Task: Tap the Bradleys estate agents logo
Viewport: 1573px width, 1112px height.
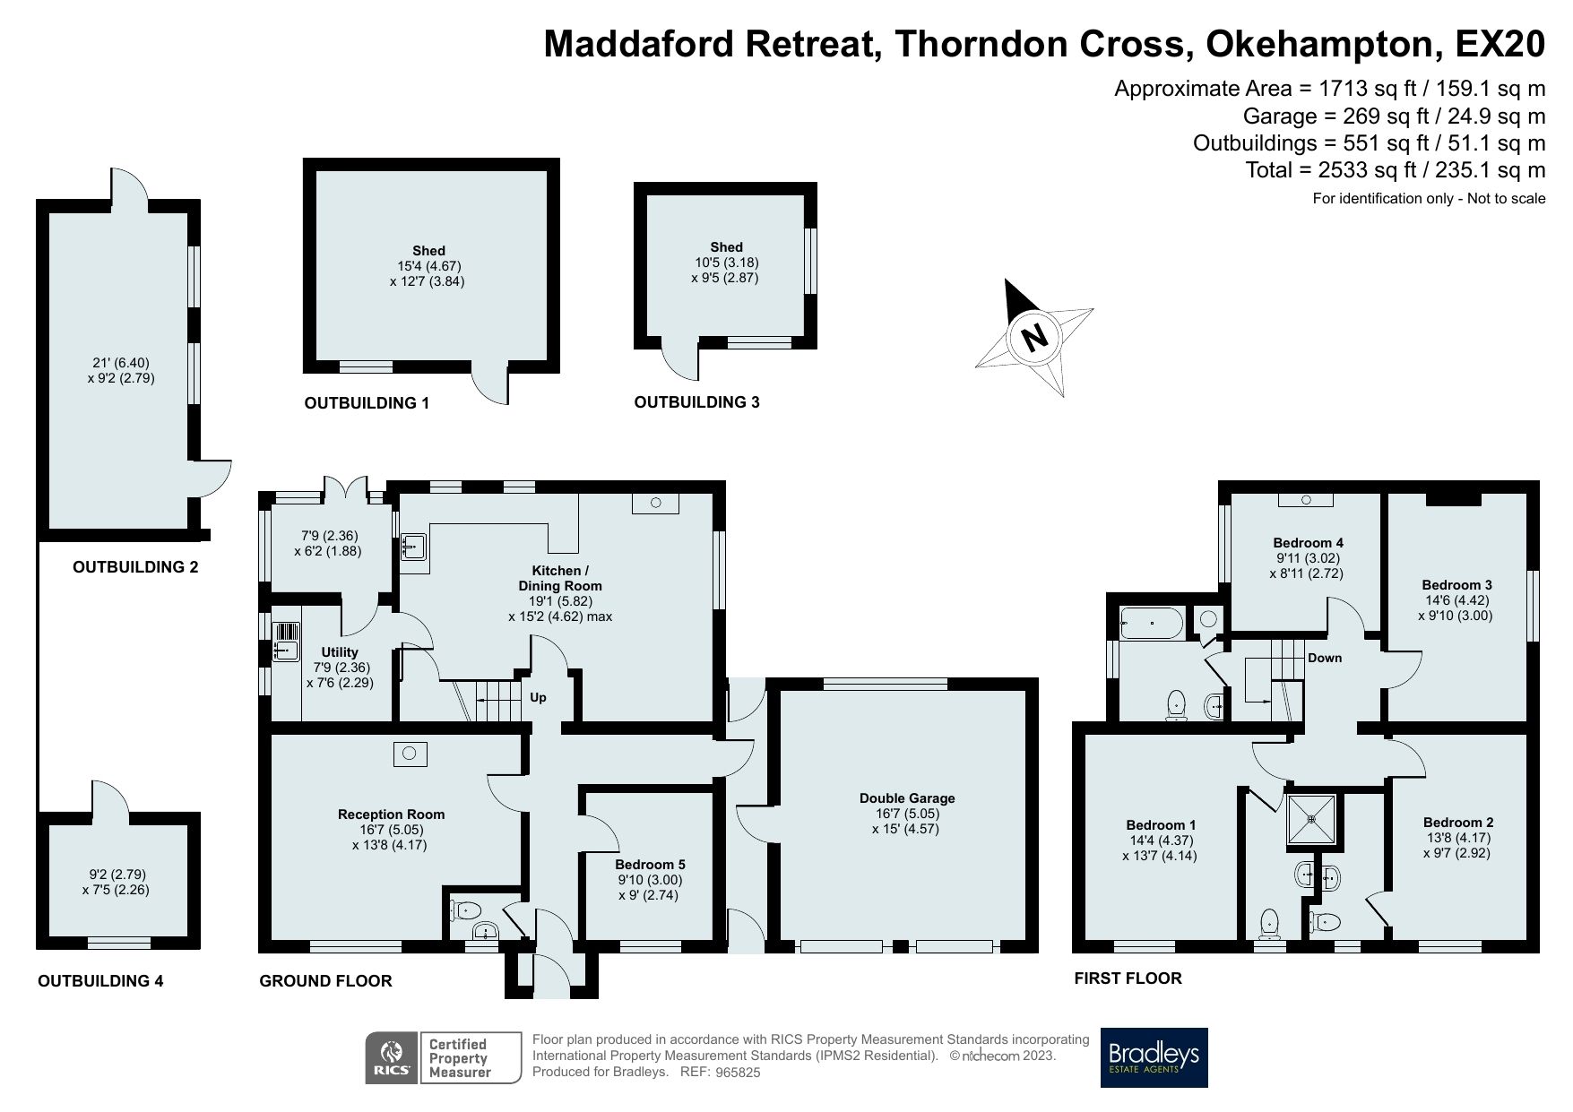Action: [1154, 1057]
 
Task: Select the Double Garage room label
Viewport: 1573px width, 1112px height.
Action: [907, 797]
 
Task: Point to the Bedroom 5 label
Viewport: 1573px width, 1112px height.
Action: [650, 865]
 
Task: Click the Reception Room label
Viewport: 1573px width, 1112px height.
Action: [391, 814]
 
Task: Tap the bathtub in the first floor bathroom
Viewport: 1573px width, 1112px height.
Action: [1151, 622]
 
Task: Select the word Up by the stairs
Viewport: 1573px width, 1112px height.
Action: [538, 697]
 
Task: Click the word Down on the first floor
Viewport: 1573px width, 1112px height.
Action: [1324, 658]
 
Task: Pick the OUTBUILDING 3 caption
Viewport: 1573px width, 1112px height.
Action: [696, 402]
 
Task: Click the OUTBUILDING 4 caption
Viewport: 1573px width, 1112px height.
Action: [100, 981]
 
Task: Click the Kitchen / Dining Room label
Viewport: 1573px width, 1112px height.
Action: [560, 578]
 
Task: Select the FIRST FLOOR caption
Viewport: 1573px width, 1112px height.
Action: [1128, 978]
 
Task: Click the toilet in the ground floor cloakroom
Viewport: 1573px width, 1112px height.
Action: [467, 910]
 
